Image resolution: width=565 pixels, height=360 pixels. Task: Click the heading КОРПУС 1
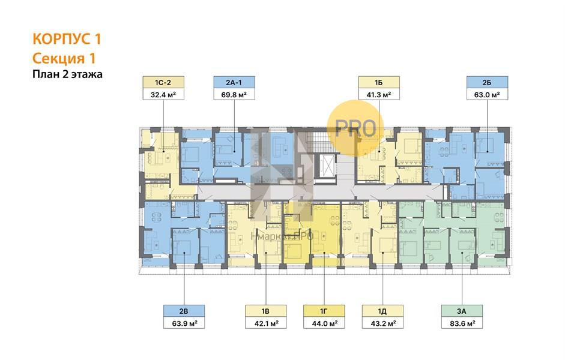67,38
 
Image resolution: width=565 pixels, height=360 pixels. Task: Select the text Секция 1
64,58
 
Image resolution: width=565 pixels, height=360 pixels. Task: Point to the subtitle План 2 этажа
67,74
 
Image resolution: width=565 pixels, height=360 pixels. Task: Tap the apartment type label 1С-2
163,82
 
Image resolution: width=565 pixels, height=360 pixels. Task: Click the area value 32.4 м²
163,94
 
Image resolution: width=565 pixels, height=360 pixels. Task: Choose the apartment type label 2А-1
234,82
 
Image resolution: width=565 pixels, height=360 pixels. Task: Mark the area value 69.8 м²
234,94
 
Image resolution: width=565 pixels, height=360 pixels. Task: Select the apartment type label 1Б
379,82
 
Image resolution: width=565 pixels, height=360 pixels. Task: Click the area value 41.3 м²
379,94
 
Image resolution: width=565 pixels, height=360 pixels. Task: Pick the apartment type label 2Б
487,82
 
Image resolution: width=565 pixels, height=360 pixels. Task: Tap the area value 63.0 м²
487,94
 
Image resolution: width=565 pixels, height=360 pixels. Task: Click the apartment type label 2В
184,311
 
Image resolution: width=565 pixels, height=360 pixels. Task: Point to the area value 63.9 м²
184,323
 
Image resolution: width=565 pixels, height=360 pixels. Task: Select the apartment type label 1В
266,311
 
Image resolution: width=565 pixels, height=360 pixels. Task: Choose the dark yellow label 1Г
324,311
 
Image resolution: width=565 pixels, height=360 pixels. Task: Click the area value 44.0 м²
324,323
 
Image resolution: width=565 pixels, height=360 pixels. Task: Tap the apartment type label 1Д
382,311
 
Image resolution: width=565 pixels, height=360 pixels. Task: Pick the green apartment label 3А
462,311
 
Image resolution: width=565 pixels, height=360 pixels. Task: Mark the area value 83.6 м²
462,323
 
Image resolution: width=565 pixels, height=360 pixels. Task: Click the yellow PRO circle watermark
355,128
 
